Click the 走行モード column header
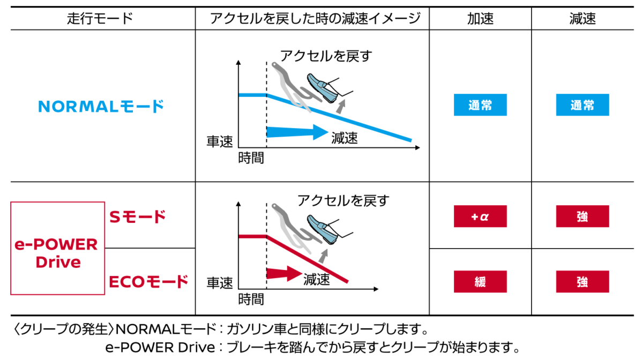(100, 19)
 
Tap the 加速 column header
(480, 19)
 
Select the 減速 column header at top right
(582, 19)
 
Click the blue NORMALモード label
(101, 106)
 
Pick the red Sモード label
(138, 217)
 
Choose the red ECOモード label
(148, 282)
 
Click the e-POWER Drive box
(58, 249)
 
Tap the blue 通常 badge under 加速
(480, 105)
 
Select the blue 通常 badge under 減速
(582, 105)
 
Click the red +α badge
(480, 216)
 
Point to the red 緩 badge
(480, 282)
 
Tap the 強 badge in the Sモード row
(582, 216)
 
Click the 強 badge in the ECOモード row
(582, 282)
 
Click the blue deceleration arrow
(297, 132)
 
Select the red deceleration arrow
(284, 274)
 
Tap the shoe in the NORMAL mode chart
(322, 88)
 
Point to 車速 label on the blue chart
(220, 141)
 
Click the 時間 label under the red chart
(251, 299)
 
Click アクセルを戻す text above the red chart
(343, 200)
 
